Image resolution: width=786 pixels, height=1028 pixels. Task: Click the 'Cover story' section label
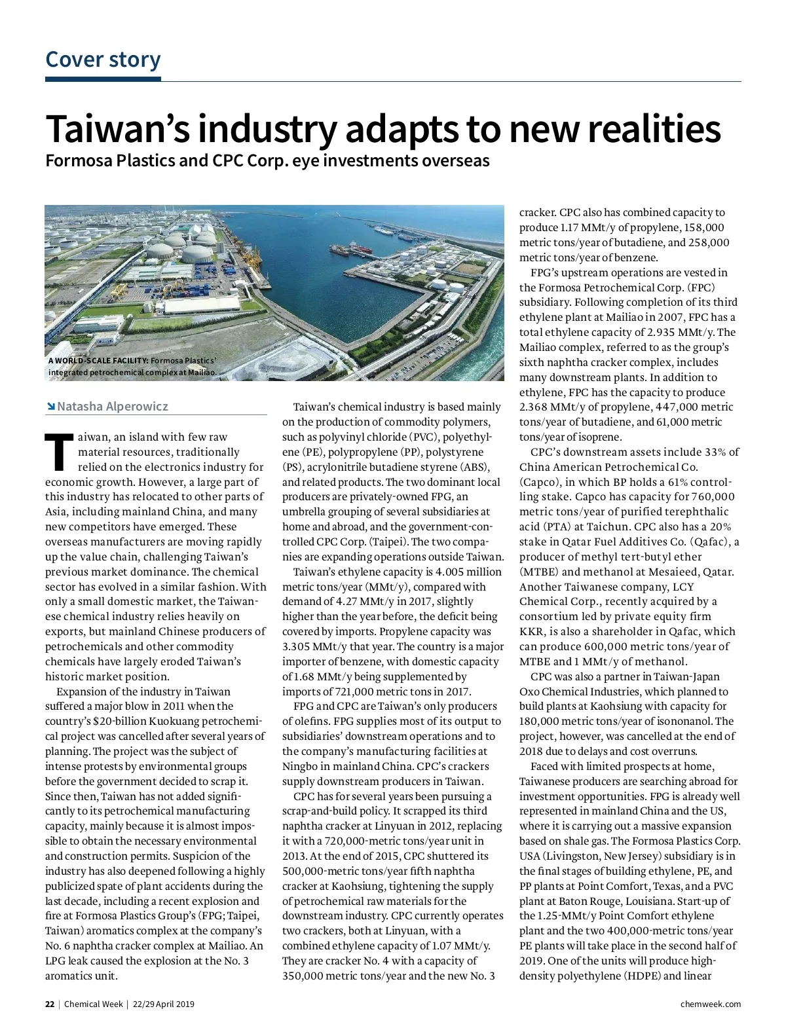(103, 60)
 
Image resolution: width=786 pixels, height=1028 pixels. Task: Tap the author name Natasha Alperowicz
(113, 407)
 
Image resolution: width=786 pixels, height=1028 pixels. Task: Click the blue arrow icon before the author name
(50, 407)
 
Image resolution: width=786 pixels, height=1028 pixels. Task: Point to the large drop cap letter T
(58, 451)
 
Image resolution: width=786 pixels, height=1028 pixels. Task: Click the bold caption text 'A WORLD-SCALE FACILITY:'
(98, 361)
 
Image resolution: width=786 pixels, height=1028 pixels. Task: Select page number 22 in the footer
(50, 1004)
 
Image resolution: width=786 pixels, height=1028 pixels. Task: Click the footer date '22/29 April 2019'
(164, 1004)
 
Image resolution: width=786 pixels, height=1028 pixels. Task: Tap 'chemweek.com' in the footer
(711, 1004)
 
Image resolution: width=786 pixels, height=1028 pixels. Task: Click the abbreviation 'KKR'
(532, 632)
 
